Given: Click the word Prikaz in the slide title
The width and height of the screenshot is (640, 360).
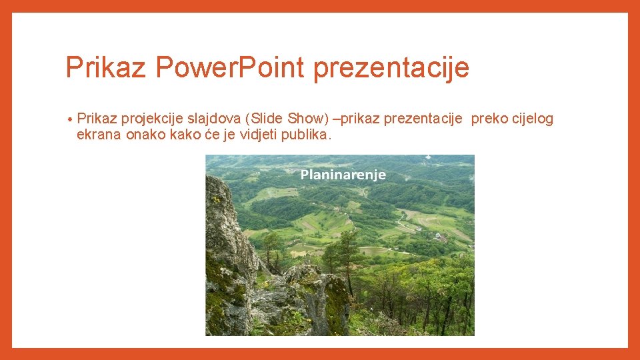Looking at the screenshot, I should [106, 68].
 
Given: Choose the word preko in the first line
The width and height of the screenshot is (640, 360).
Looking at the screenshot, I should [489, 119].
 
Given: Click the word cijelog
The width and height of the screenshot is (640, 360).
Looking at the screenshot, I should [532, 119].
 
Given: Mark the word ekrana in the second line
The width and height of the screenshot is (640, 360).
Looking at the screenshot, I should [97, 135].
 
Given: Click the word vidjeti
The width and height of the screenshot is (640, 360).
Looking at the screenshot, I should [258, 135].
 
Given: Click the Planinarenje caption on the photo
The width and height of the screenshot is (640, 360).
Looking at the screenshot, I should [343, 175].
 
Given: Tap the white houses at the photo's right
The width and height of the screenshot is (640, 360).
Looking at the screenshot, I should [440, 235].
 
